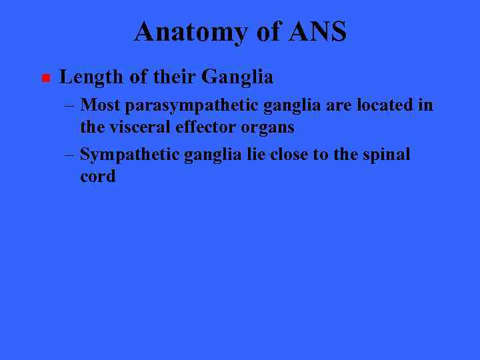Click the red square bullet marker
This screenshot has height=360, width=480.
(x=45, y=79)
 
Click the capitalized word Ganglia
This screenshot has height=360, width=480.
(x=237, y=77)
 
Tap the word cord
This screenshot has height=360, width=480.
(x=97, y=177)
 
